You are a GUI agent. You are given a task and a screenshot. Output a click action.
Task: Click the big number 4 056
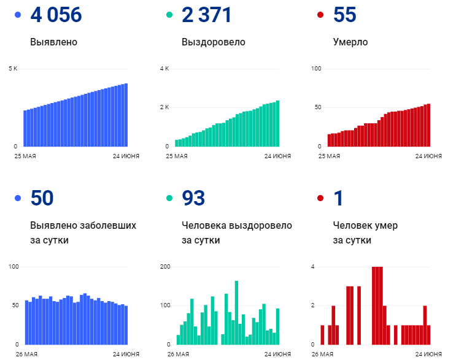click(x=56, y=15)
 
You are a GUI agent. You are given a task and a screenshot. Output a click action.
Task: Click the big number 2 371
click(x=207, y=15)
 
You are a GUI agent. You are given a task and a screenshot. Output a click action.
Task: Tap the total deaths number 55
click(x=344, y=15)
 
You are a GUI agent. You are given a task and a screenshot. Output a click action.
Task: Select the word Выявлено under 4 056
click(x=53, y=42)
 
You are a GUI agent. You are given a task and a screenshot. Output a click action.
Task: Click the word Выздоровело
click(x=213, y=42)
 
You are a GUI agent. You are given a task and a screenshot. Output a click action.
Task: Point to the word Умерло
click(x=350, y=42)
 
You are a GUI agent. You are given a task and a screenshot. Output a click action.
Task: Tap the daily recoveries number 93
click(x=193, y=198)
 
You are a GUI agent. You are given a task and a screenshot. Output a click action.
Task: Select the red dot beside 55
click(x=320, y=15)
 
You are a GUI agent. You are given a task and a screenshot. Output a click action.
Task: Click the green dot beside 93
click(x=169, y=198)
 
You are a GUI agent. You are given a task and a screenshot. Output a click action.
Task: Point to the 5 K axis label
click(x=13, y=68)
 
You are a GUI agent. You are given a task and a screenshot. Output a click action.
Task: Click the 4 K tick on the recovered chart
click(x=164, y=68)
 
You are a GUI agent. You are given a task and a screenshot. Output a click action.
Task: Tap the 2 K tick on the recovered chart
click(x=164, y=107)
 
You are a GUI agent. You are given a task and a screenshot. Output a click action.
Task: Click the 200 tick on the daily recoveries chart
click(x=164, y=267)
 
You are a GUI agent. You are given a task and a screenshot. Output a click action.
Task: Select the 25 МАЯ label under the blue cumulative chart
click(x=26, y=156)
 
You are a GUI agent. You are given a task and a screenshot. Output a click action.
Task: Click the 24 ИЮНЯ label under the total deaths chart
click(x=428, y=156)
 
